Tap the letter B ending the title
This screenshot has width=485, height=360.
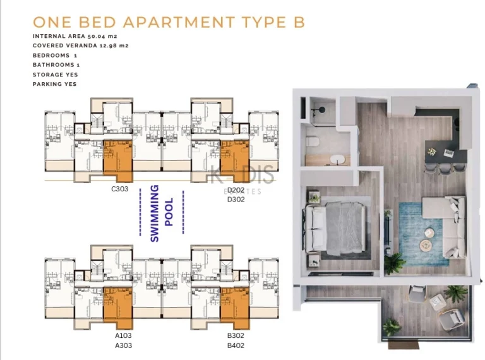coord(299,22)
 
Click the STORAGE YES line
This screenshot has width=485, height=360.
coord(55,75)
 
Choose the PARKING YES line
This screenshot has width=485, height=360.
coord(55,84)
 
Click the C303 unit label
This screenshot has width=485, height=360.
coord(119,189)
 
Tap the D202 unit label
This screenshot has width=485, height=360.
coord(236,189)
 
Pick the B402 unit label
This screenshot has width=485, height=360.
coord(236,345)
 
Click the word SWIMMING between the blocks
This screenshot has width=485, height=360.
coord(155,213)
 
